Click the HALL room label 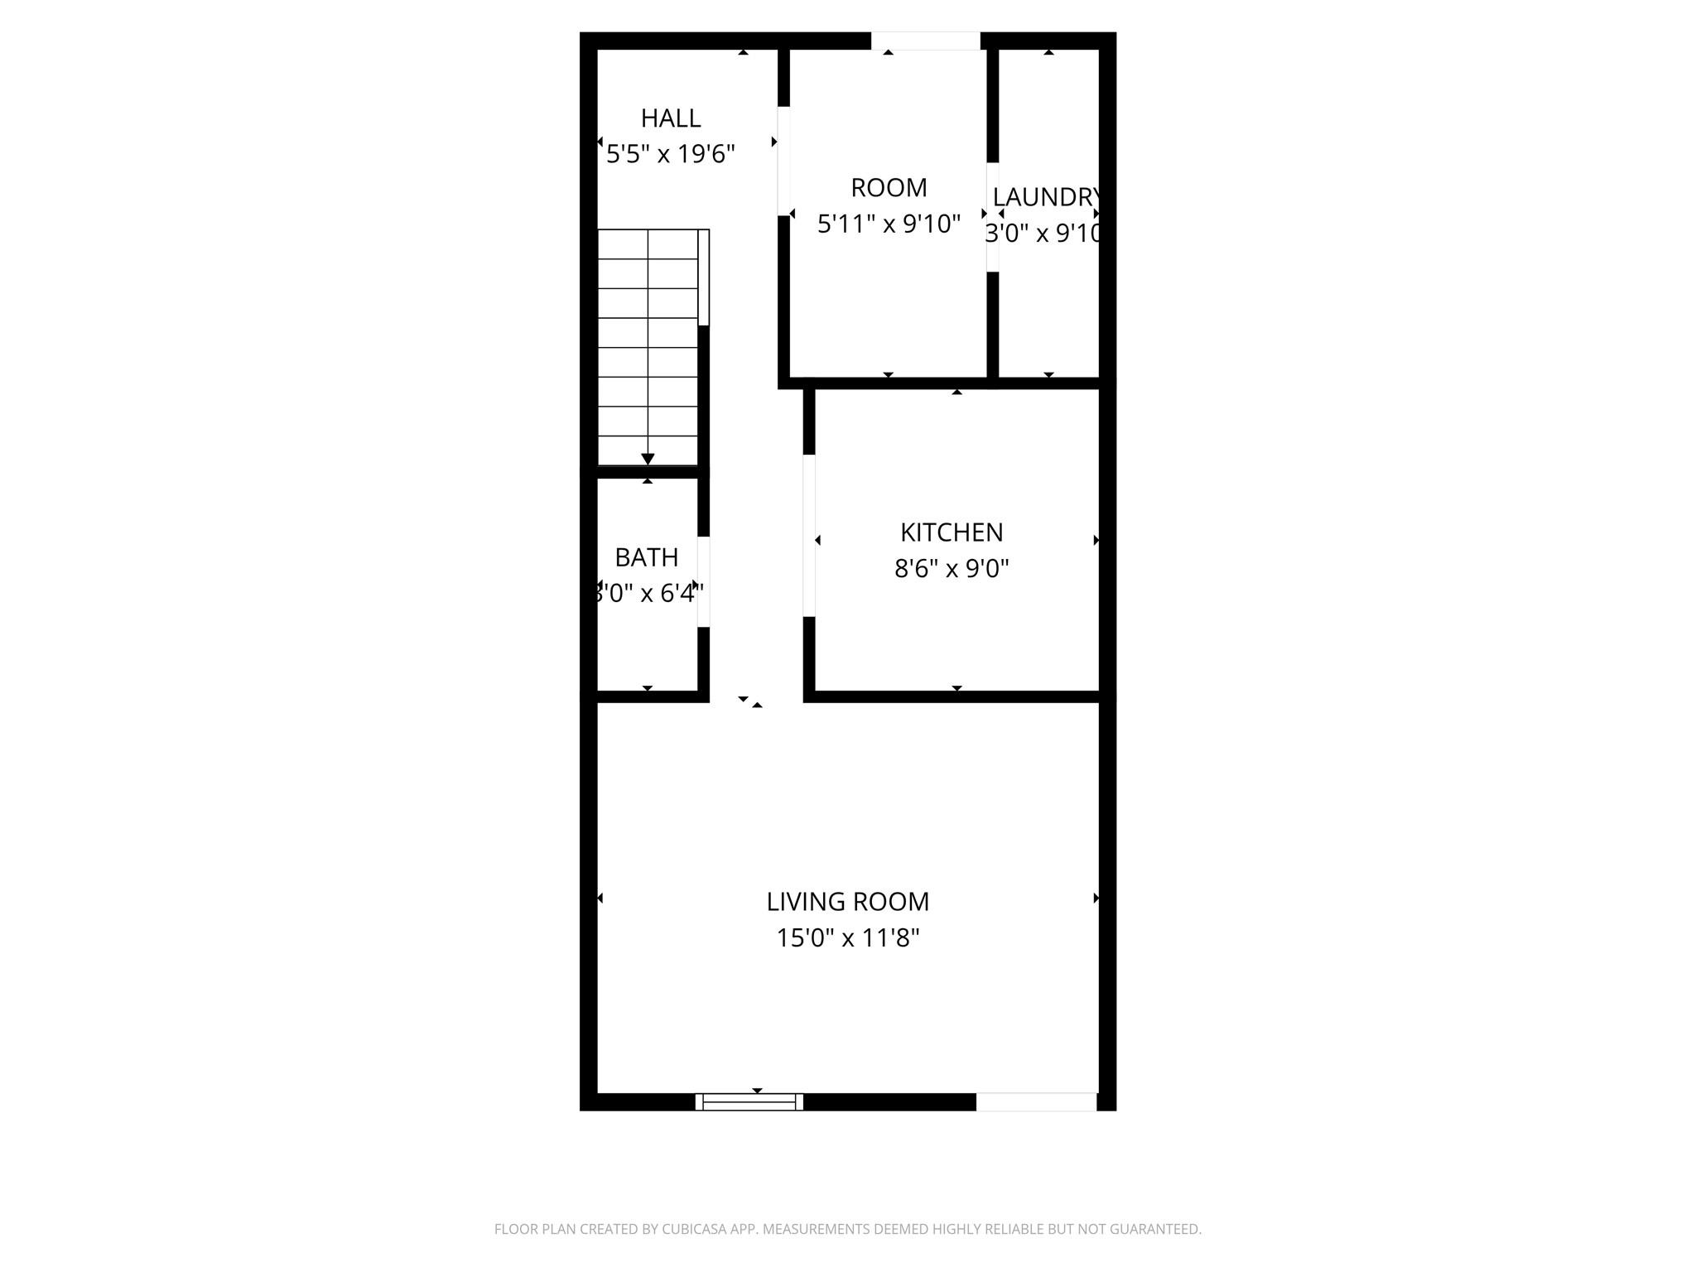tap(671, 118)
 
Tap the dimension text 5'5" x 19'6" tap(671, 154)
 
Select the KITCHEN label tap(952, 532)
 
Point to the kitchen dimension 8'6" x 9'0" tap(952, 569)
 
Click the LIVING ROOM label tap(847, 901)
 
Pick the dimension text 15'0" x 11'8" tap(847, 938)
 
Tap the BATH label tap(647, 557)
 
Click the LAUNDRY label tap(1047, 197)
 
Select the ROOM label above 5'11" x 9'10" tap(889, 188)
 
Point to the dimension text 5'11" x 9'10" tap(889, 224)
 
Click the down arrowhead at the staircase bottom tap(648, 459)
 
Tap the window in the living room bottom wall tap(749, 1101)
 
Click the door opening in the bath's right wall tap(703, 581)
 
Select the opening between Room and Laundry tap(992, 217)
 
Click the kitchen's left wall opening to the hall tap(809, 536)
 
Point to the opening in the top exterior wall tap(925, 41)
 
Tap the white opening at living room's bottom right tap(1036, 1101)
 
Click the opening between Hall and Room tap(783, 161)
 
